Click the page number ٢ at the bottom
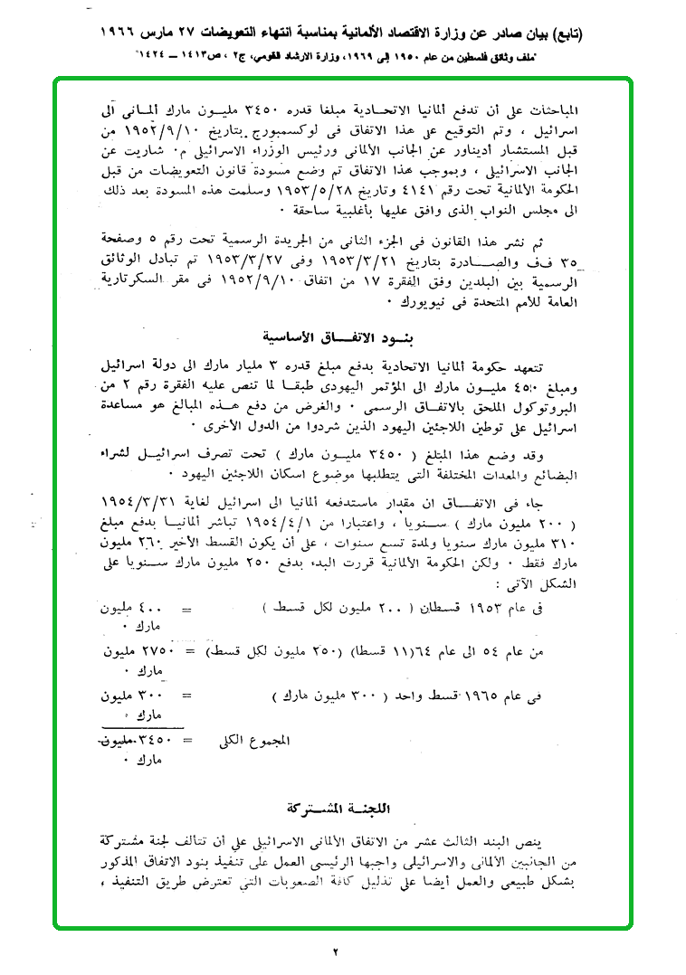(x=334, y=951)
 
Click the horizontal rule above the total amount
(x=143, y=725)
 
